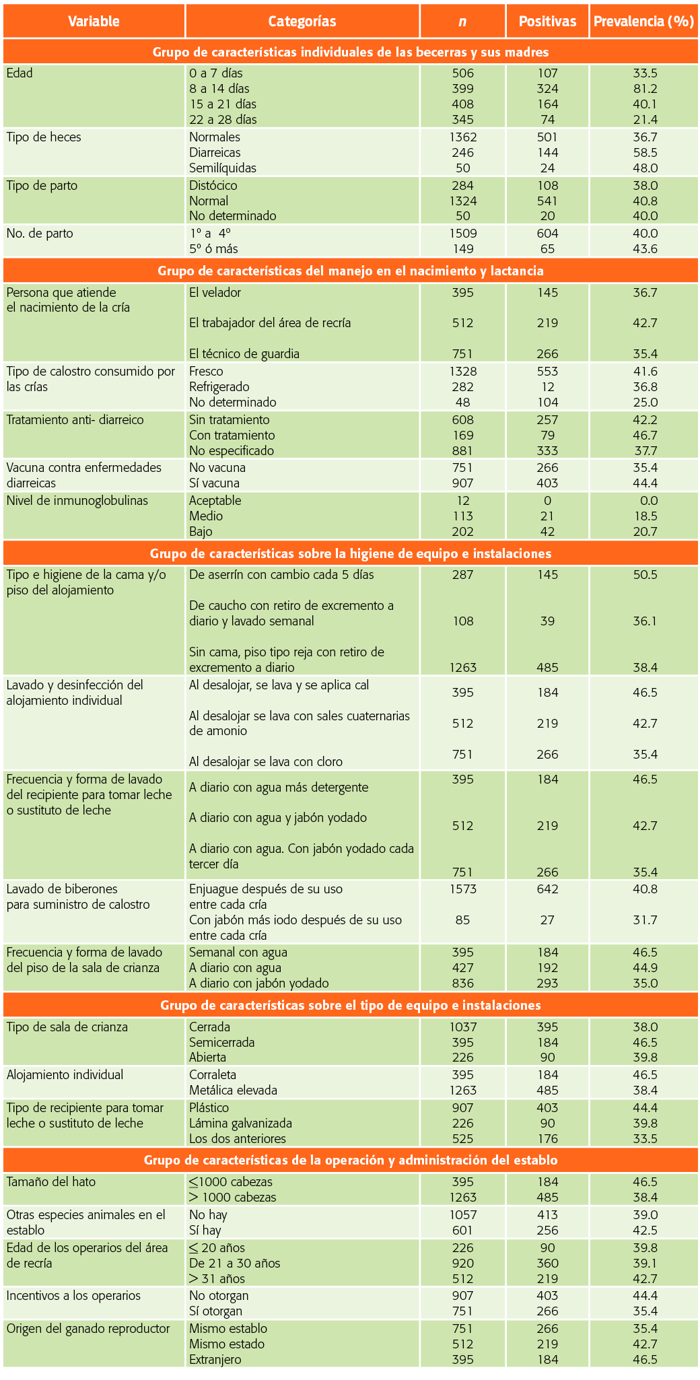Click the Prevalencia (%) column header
(643, 21)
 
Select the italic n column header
(462, 22)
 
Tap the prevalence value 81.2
(645, 89)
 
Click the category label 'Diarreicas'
(215, 153)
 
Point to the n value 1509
(463, 234)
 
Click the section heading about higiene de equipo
(351, 553)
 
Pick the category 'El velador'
(215, 292)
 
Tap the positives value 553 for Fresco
(548, 372)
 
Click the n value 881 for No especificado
(463, 451)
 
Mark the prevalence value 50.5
(645, 575)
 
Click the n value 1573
(463, 889)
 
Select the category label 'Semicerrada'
(222, 1043)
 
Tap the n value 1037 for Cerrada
(463, 1027)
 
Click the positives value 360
(548, 1264)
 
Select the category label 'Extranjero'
(215, 1360)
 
